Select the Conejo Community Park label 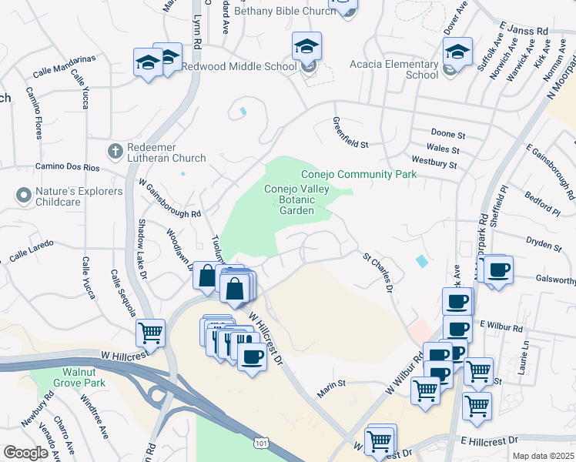pyautogui.click(x=358, y=175)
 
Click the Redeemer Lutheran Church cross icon pyautogui.click(x=116, y=151)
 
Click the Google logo pyautogui.click(x=25, y=453)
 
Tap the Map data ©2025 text pyautogui.click(x=542, y=456)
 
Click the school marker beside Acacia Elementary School pyautogui.click(x=457, y=53)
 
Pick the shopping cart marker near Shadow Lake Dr pyautogui.click(x=150, y=333)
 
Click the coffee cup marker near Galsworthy pyautogui.click(x=499, y=270)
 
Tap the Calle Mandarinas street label pyautogui.click(x=64, y=65)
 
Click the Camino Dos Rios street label pyautogui.click(x=64, y=166)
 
